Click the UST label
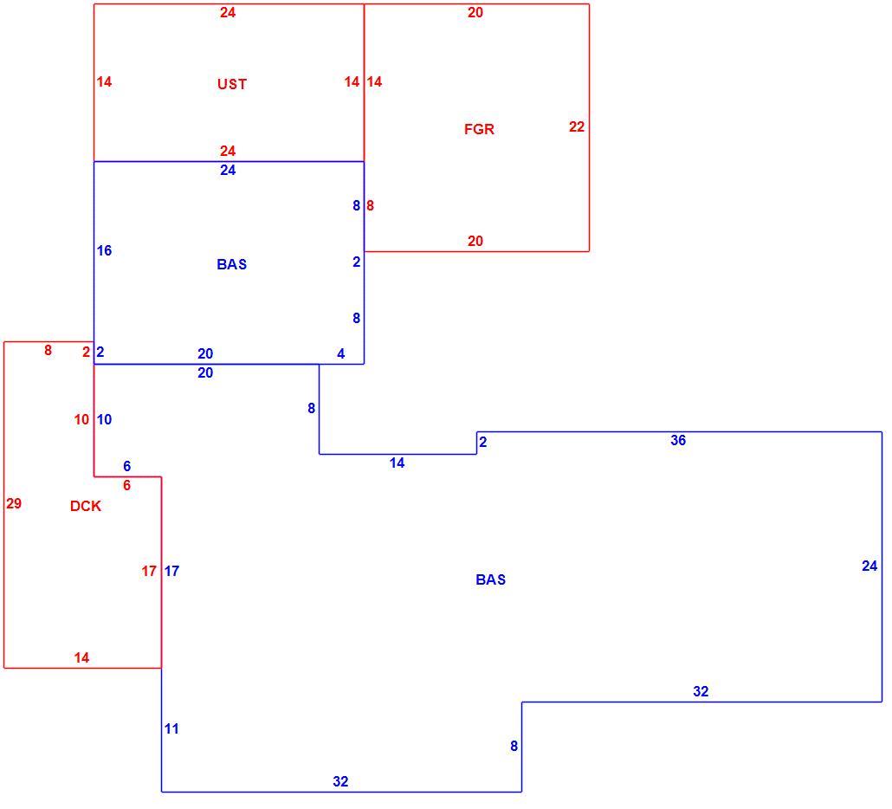(232, 84)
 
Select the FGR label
(479, 129)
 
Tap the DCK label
(86, 506)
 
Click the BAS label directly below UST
(232, 264)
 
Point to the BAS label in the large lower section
(490, 579)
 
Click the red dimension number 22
(577, 126)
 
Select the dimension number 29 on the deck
(14, 503)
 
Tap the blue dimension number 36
(678, 440)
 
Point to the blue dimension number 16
(104, 250)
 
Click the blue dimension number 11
(171, 728)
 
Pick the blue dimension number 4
(340, 354)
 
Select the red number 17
(149, 571)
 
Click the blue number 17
(171, 571)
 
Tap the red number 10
(81, 419)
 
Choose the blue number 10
(104, 419)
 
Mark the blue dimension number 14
(398, 463)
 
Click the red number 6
(126, 485)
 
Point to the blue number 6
(126, 466)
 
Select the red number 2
(86, 353)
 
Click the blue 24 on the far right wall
(869, 566)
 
